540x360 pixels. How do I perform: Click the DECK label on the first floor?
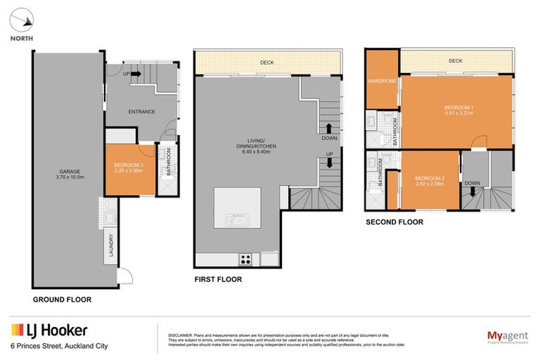[266, 63]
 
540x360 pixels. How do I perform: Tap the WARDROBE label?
[382, 82]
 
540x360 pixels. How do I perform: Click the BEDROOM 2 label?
[429, 179]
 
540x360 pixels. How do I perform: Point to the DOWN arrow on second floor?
[472, 190]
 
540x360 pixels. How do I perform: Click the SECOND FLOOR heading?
[394, 222]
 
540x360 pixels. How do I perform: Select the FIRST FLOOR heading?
[218, 280]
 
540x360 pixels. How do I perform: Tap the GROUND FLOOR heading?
[62, 299]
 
